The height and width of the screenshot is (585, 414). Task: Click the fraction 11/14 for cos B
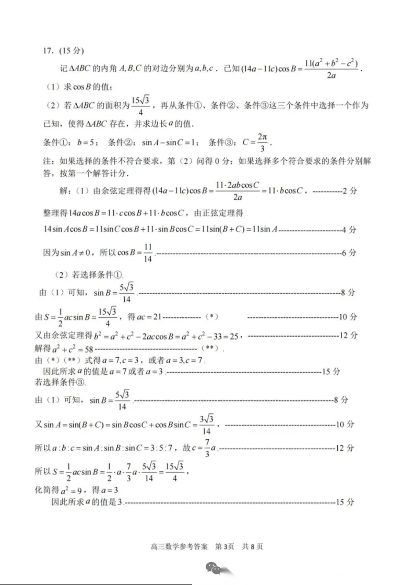pyautogui.click(x=148, y=253)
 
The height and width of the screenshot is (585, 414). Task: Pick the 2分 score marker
pyautogui.click(x=349, y=192)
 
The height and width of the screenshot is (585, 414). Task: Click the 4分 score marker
pyautogui.click(x=349, y=229)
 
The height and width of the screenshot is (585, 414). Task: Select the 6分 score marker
pyautogui.click(x=349, y=253)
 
